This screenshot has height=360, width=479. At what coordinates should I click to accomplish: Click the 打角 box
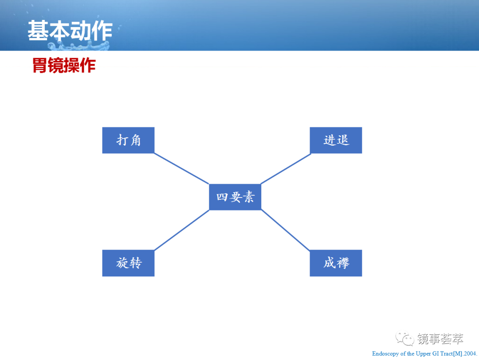(x=128, y=140)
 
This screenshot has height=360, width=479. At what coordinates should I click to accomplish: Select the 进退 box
(x=336, y=140)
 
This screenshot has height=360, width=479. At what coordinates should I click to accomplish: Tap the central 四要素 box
(x=235, y=197)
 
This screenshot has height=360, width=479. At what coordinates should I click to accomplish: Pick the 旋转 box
(x=128, y=263)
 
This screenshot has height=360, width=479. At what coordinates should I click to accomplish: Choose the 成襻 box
(x=336, y=263)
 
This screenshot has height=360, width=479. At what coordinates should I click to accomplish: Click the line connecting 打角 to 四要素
(x=182, y=169)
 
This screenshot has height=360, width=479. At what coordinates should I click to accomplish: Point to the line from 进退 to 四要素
(x=286, y=169)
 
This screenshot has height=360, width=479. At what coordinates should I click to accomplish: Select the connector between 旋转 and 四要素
(x=182, y=230)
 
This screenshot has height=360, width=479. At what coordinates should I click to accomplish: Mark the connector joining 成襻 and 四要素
(x=286, y=230)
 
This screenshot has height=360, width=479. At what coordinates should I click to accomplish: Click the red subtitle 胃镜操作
(x=64, y=65)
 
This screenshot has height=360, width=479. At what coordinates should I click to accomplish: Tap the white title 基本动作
(x=70, y=31)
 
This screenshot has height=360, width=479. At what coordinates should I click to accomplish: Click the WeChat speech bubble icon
(x=405, y=338)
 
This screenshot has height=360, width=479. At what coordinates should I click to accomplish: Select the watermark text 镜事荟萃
(x=440, y=339)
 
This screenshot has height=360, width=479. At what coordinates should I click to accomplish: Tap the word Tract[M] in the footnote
(x=451, y=354)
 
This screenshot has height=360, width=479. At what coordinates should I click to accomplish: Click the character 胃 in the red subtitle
(x=40, y=65)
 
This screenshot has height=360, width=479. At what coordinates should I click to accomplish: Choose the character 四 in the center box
(x=222, y=197)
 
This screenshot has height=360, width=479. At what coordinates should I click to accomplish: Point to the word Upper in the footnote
(x=424, y=354)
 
